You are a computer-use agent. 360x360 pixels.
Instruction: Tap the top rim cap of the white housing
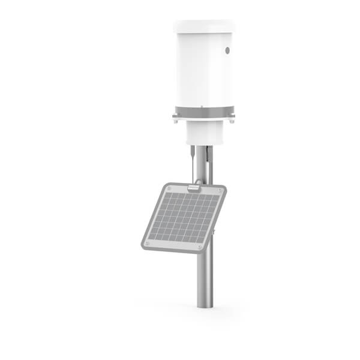point(203,26)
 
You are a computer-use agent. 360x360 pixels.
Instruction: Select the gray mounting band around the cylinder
point(203,112)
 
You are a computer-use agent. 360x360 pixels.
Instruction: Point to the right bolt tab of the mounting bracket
point(230,120)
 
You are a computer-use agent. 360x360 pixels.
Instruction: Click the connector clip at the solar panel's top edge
point(193,187)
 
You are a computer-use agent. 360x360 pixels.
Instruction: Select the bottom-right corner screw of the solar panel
point(200,246)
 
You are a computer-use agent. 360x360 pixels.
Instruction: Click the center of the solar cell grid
point(183,217)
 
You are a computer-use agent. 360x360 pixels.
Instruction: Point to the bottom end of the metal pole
point(203,305)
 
